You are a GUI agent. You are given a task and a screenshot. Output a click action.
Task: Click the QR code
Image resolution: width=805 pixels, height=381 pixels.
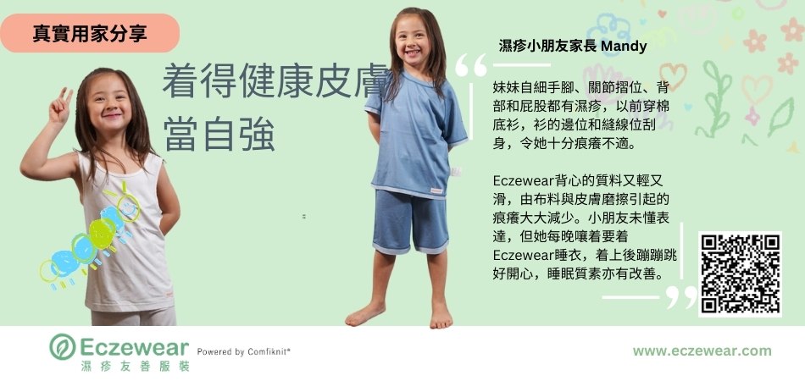[740, 273]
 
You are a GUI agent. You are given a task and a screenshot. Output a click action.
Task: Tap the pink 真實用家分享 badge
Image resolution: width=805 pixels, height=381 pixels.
[90, 33]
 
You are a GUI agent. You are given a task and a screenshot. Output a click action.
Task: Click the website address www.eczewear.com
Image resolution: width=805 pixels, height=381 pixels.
[702, 351]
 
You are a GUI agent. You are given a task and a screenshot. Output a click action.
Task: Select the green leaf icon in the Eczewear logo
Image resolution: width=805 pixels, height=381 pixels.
[62, 346]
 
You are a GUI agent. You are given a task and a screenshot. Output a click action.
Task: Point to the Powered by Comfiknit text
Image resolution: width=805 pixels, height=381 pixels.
[244, 351]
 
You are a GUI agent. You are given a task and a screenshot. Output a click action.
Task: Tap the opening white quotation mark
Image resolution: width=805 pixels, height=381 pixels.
[471, 65]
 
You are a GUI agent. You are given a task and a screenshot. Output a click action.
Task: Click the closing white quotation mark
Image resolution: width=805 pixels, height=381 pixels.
[681, 297]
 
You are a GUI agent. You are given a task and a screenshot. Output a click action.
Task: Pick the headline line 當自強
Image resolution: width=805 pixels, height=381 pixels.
[219, 135]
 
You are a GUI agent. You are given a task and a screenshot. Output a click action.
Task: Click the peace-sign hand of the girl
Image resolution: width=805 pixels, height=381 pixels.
[60, 106]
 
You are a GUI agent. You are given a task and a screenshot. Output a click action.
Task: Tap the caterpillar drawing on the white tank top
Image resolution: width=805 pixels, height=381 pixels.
[92, 236]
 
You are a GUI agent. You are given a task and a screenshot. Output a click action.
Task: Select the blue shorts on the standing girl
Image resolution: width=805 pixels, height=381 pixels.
[410, 222]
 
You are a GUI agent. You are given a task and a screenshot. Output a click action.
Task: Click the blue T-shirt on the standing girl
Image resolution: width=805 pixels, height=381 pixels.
[416, 135]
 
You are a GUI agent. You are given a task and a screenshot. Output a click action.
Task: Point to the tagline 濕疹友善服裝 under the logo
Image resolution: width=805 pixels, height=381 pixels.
[136, 366]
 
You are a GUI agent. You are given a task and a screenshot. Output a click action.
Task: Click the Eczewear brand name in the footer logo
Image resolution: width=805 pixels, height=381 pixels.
[135, 348]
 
